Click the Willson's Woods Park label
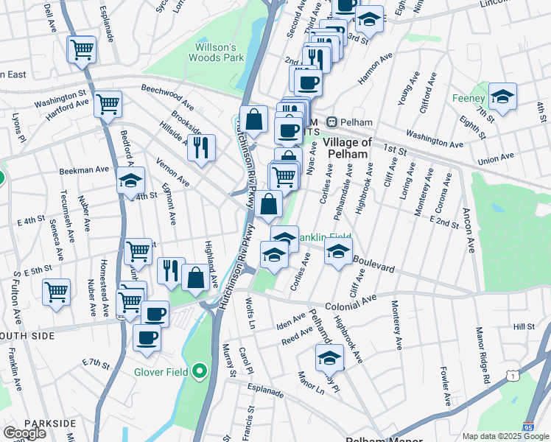(216, 52)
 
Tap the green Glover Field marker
(198, 371)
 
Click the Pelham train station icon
(332, 122)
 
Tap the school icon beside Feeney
(502, 97)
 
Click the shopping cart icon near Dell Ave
(82, 50)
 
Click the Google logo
(24, 433)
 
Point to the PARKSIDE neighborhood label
(49, 423)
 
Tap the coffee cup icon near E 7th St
(147, 337)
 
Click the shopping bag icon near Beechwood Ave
(253, 119)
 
